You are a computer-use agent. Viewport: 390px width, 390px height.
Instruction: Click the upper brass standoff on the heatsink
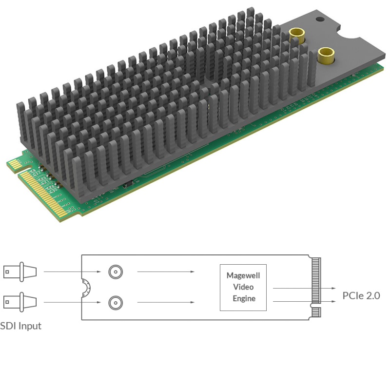tap(295, 35)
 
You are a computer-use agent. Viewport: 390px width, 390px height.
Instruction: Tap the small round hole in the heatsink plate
tap(319, 20)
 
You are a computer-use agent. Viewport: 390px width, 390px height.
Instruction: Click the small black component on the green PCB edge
tap(127, 185)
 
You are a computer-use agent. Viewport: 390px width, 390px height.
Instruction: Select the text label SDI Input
tap(20, 326)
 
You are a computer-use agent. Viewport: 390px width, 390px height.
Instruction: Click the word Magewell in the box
tap(243, 275)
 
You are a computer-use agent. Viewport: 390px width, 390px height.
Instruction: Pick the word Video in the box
tap(243, 287)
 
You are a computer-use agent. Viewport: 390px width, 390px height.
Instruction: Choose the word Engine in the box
tap(243, 298)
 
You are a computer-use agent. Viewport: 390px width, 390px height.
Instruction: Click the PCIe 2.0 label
tap(361, 295)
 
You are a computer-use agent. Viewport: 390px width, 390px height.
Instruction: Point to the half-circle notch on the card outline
tap(86, 287)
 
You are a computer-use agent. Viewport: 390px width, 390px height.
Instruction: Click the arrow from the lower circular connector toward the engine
tap(166, 302)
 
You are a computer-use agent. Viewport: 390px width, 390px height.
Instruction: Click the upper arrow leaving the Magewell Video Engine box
tap(302, 288)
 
